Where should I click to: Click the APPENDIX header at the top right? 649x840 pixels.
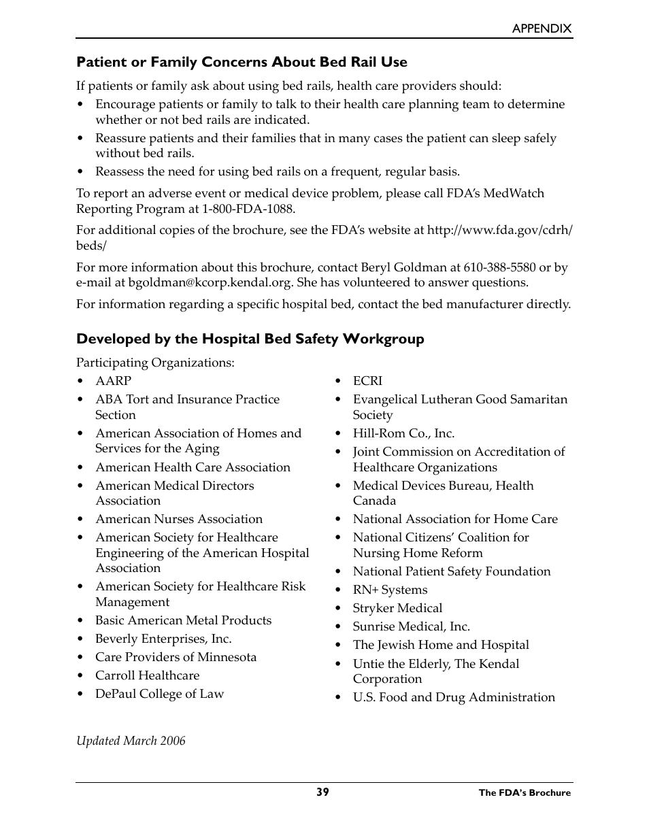pyautogui.click(x=542, y=29)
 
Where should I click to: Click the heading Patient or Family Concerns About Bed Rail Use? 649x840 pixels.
pyautogui.click(x=242, y=62)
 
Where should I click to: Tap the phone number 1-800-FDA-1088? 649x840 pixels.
pyautogui.click(x=248, y=209)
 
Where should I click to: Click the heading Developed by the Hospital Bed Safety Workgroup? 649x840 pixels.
pyautogui.click(x=250, y=339)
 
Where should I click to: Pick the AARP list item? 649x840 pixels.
pyautogui.click(x=113, y=381)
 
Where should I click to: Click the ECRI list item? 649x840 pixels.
pyautogui.click(x=367, y=381)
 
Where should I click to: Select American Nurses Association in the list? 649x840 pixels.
pyautogui.click(x=179, y=519)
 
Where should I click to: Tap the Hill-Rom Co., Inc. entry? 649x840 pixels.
pyautogui.click(x=403, y=433)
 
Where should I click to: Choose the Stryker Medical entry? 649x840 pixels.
pyautogui.click(x=397, y=608)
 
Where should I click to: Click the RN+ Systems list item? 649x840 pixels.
pyautogui.click(x=390, y=590)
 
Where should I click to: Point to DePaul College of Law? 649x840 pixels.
pyautogui.click(x=159, y=694)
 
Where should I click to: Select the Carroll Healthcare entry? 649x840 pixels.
pyautogui.click(x=148, y=675)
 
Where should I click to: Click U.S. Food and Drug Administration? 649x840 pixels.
pyautogui.click(x=454, y=697)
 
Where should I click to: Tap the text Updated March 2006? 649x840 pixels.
pyautogui.click(x=131, y=741)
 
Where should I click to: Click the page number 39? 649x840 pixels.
pyautogui.click(x=322, y=792)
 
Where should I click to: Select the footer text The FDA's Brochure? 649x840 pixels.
pyautogui.click(x=525, y=792)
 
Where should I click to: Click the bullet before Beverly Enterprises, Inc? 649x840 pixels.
pyautogui.click(x=80, y=639)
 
